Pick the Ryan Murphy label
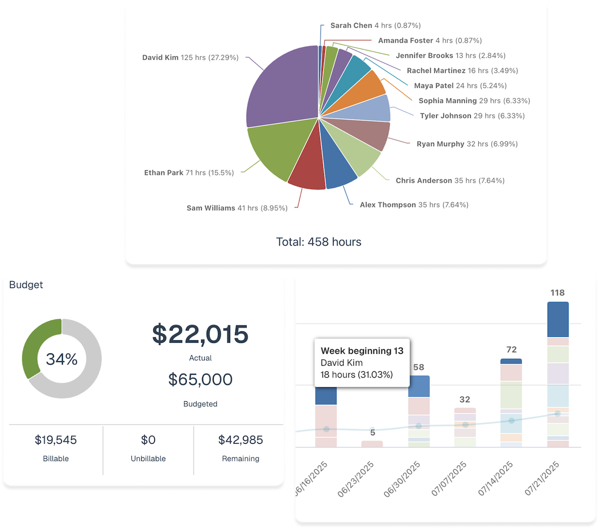(x=467, y=144)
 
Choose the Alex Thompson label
(x=414, y=205)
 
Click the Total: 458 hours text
(x=318, y=242)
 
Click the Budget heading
(x=26, y=285)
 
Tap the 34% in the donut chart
(x=61, y=359)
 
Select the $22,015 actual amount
(x=200, y=334)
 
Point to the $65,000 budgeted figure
(x=200, y=380)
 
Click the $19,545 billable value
(x=56, y=440)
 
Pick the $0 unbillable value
(x=148, y=440)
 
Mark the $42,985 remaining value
(x=241, y=440)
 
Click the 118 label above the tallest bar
(x=558, y=293)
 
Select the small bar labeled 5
(x=372, y=444)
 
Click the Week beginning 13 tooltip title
(x=362, y=351)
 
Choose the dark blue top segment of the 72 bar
(x=511, y=361)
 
